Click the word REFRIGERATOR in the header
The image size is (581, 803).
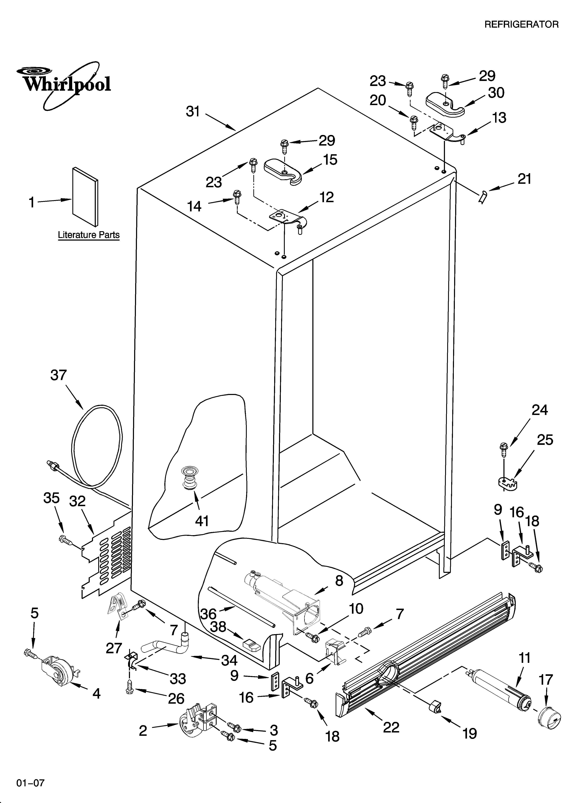[x=521, y=24]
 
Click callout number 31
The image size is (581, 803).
[x=193, y=112]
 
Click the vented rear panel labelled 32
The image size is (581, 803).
[x=106, y=559]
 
